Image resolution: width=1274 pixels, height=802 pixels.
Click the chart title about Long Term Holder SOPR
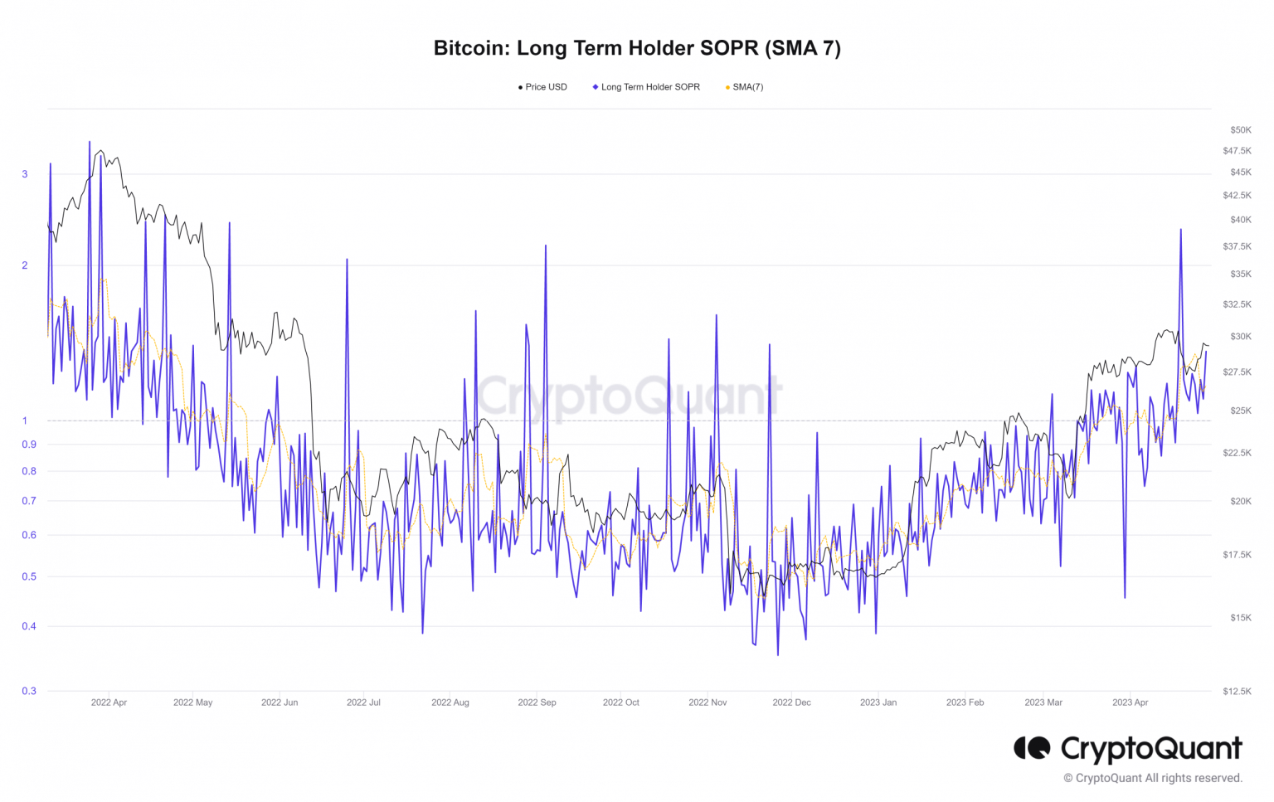coord(637,48)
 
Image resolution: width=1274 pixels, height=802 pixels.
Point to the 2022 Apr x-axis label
coord(109,702)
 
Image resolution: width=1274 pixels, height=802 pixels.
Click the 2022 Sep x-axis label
coord(537,702)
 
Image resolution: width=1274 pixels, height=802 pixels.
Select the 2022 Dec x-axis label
coord(791,702)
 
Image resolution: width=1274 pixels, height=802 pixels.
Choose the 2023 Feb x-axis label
coord(965,702)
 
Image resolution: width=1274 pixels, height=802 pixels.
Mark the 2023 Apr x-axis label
coord(1130,702)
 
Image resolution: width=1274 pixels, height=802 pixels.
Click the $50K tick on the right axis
coord(1241,130)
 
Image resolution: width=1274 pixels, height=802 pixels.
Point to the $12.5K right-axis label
coord(1237,692)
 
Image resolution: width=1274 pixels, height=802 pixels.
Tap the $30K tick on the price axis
coord(1241,337)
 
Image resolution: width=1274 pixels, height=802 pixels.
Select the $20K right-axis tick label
coord(1241,501)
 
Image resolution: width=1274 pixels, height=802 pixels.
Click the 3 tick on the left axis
coord(25,174)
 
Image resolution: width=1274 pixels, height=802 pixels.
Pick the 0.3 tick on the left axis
coord(29,691)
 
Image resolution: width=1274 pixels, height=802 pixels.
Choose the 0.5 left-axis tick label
coord(29,576)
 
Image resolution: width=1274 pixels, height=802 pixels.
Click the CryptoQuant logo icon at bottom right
coord(1032,748)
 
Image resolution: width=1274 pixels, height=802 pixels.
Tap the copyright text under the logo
coord(1153,778)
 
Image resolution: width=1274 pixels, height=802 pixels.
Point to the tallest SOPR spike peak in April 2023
coord(1180,230)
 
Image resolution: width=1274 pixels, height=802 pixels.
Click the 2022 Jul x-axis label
coord(363,702)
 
